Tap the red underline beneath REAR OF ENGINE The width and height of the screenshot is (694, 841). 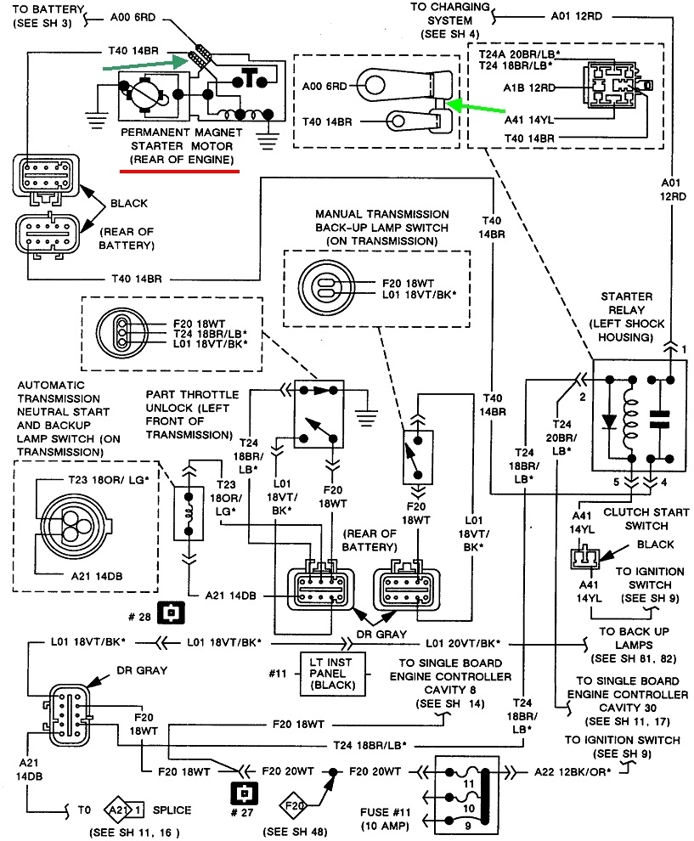tap(180, 170)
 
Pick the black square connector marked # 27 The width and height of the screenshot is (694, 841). tap(242, 793)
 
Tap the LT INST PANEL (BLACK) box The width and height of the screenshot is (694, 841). tap(333, 673)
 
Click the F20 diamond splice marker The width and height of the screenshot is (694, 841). tap(296, 801)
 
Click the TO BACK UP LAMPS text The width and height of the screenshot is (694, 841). tap(636, 639)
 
